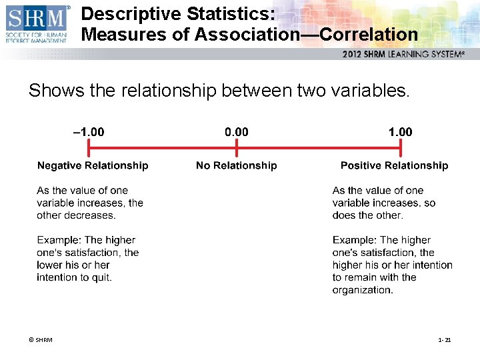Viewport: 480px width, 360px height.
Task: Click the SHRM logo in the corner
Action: (37, 24)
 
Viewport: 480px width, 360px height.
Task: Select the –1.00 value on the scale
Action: (88, 132)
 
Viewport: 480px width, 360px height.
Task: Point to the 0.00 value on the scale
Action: (237, 132)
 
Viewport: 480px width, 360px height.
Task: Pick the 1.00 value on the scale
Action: (400, 132)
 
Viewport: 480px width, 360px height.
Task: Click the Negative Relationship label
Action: (93, 165)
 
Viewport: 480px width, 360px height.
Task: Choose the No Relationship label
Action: (236, 165)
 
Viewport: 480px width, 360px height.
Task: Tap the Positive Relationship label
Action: (394, 165)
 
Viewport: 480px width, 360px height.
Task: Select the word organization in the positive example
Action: (362, 290)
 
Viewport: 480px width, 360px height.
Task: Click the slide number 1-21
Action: (445, 341)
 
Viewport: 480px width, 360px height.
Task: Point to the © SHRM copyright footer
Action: (41, 341)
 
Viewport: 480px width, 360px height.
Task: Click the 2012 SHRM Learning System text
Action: (403, 54)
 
